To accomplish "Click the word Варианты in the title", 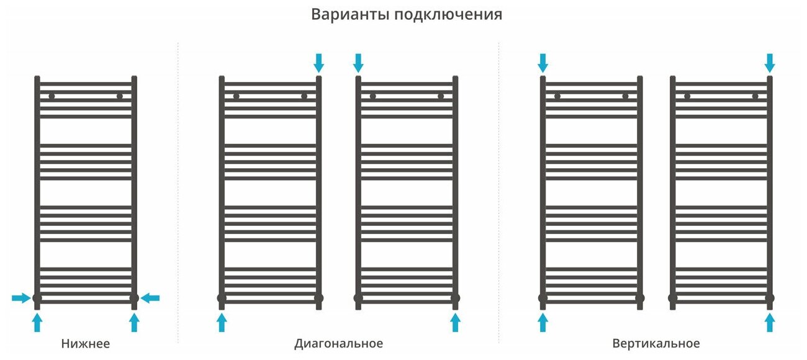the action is (x=349, y=15).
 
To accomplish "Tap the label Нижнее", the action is (x=86, y=343).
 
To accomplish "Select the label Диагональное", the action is (x=338, y=343).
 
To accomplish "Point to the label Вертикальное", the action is (x=656, y=343).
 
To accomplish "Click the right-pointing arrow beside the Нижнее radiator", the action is (x=21, y=299).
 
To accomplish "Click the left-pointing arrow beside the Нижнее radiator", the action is (x=150, y=299).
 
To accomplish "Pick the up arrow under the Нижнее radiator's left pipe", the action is (x=37, y=322).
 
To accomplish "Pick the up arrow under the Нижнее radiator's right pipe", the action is (x=134, y=322).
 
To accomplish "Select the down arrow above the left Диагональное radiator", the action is (x=319, y=62).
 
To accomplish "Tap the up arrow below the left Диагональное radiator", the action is (x=222, y=322).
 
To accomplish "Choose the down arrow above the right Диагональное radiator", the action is (x=358, y=62).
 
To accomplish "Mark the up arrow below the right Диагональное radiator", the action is (x=455, y=322).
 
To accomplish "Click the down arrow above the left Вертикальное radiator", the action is (x=543, y=62).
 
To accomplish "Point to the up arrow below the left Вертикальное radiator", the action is (x=543, y=322).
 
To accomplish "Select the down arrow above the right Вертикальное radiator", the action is (x=770, y=62).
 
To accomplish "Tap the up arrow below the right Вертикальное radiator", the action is (x=770, y=322).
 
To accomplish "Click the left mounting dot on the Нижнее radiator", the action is (x=52, y=96).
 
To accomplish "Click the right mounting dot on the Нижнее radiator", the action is (x=119, y=96).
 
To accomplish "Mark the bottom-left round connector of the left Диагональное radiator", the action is (x=222, y=299).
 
